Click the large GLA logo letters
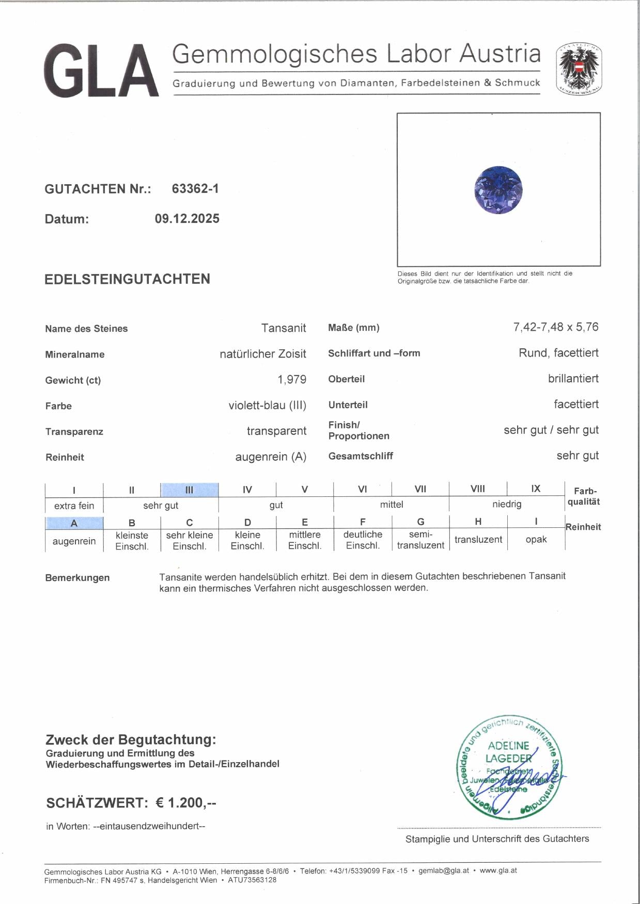(101, 71)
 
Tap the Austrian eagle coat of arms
(579, 69)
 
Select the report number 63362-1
(195, 189)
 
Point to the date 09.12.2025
(187, 219)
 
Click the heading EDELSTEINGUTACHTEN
(127, 279)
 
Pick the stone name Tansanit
(283, 328)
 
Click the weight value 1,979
(291, 380)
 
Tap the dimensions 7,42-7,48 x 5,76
(556, 327)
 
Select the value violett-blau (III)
(267, 406)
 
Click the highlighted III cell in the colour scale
(189, 490)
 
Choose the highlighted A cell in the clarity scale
(74, 523)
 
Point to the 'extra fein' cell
(74, 506)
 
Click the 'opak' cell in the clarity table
(536, 540)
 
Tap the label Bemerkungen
(77, 578)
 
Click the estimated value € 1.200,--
(186, 803)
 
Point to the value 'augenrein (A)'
(271, 457)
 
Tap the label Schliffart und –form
(374, 353)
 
